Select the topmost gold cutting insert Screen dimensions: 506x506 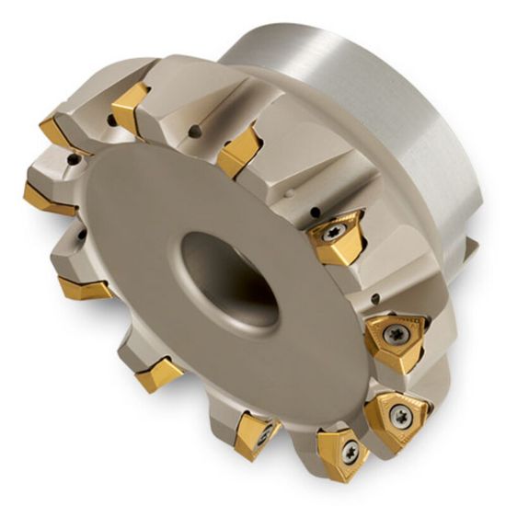click(131, 103)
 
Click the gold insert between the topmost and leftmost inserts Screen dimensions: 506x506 click(61, 133)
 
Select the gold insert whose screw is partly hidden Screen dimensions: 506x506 click(254, 432)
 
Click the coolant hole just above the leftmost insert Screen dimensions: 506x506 click(71, 162)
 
